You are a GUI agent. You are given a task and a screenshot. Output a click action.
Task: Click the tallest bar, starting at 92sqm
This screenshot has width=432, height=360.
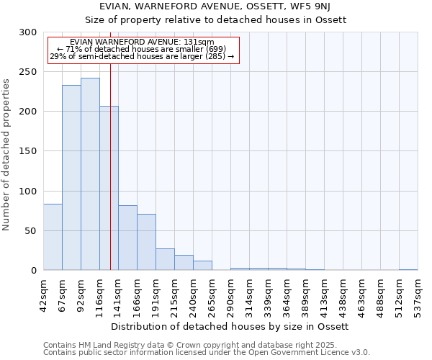pos(90,174)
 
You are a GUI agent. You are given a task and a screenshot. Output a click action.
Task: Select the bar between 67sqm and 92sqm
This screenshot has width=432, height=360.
pos(71,178)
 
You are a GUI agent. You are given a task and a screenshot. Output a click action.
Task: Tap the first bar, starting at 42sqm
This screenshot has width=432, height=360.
pos(53,237)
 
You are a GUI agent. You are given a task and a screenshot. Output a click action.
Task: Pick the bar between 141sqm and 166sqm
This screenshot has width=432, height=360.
pos(127,238)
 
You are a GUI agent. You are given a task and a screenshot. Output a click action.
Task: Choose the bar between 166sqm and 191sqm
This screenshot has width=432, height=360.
pos(146,242)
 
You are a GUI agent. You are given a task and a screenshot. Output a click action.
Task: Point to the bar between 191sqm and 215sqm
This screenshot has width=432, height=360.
pos(165,259)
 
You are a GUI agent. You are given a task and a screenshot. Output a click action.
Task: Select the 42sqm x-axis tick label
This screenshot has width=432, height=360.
pos(44,293)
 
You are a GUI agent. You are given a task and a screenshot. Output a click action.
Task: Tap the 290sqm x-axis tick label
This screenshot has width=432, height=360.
pos(230,294)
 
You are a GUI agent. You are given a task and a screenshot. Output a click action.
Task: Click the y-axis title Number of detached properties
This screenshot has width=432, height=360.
pos(7,155)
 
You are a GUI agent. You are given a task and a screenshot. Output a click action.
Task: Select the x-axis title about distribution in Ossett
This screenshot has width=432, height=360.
pos(230,326)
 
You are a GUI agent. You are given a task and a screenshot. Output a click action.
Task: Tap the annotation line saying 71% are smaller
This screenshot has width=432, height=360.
pos(142,49)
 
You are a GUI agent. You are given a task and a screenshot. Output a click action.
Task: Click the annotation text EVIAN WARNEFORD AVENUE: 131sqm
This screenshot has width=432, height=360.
pos(142,42)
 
